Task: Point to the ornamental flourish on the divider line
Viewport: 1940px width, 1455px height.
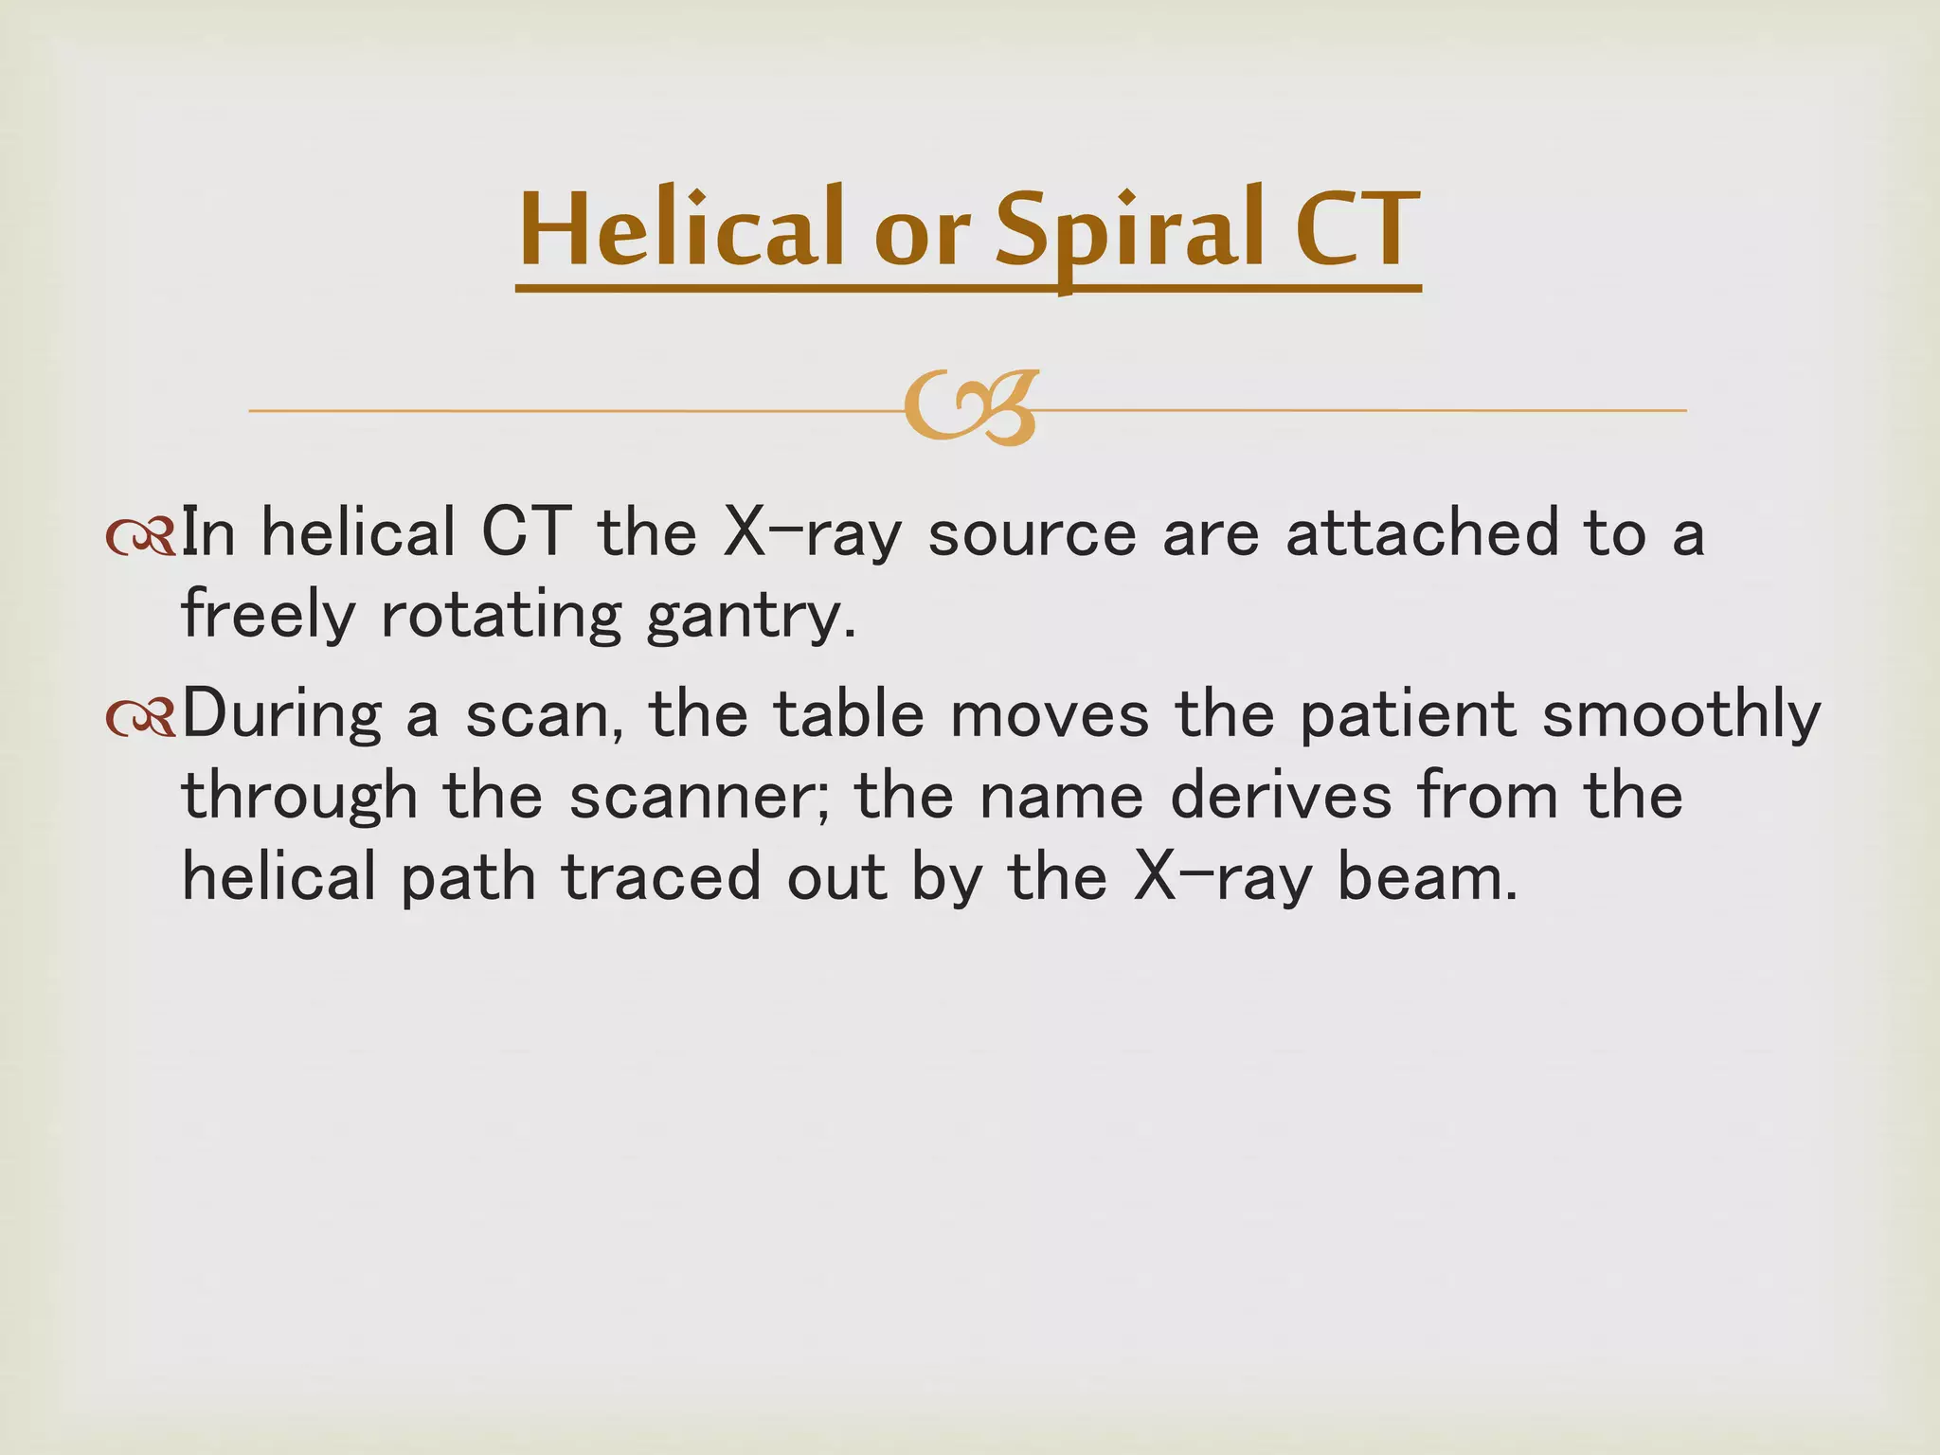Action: pyautogui.click(x=971, y=409)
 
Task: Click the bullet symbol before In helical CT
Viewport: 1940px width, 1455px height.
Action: pyautogui.click(x=140, y=538)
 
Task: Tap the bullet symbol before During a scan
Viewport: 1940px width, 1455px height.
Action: pyautogui.click(x=140, y=718)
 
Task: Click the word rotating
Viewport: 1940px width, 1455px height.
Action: pyautogui.click(x=501, y=616)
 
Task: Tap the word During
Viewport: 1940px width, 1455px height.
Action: pyautogui.click(x=281, y=716)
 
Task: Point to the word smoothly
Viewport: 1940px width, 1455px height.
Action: pyautogui.click(x=1680, y=716)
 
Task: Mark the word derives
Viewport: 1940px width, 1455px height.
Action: pyautogui.click(x=1282, y=796)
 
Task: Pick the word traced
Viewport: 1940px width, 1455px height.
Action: pyautogui.click(x=661, y=877)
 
